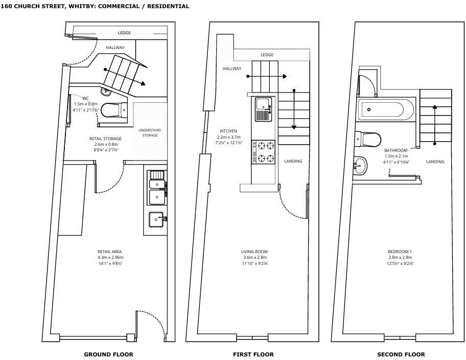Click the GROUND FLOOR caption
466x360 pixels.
point(108,354)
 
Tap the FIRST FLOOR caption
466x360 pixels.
point(253,354)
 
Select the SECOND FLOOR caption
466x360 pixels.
point(401,354)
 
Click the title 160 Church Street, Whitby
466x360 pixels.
point(95,6)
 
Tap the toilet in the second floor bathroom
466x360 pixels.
point(369,139)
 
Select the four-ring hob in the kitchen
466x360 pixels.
point(263,152)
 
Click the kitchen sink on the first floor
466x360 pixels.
point(263,108)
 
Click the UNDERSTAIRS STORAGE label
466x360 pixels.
point(150,133)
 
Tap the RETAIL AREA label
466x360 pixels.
point(110,252)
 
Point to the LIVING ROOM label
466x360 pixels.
point(254,252)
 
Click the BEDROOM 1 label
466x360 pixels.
point(401,252)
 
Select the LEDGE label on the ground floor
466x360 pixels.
point(124,33)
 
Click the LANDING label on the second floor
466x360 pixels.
point(435,162)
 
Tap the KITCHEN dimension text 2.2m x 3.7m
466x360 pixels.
point(228,137)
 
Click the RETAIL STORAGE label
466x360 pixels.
point(105,139)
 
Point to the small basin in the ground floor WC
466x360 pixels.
point(106,93)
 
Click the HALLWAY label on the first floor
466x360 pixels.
point(232,69)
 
